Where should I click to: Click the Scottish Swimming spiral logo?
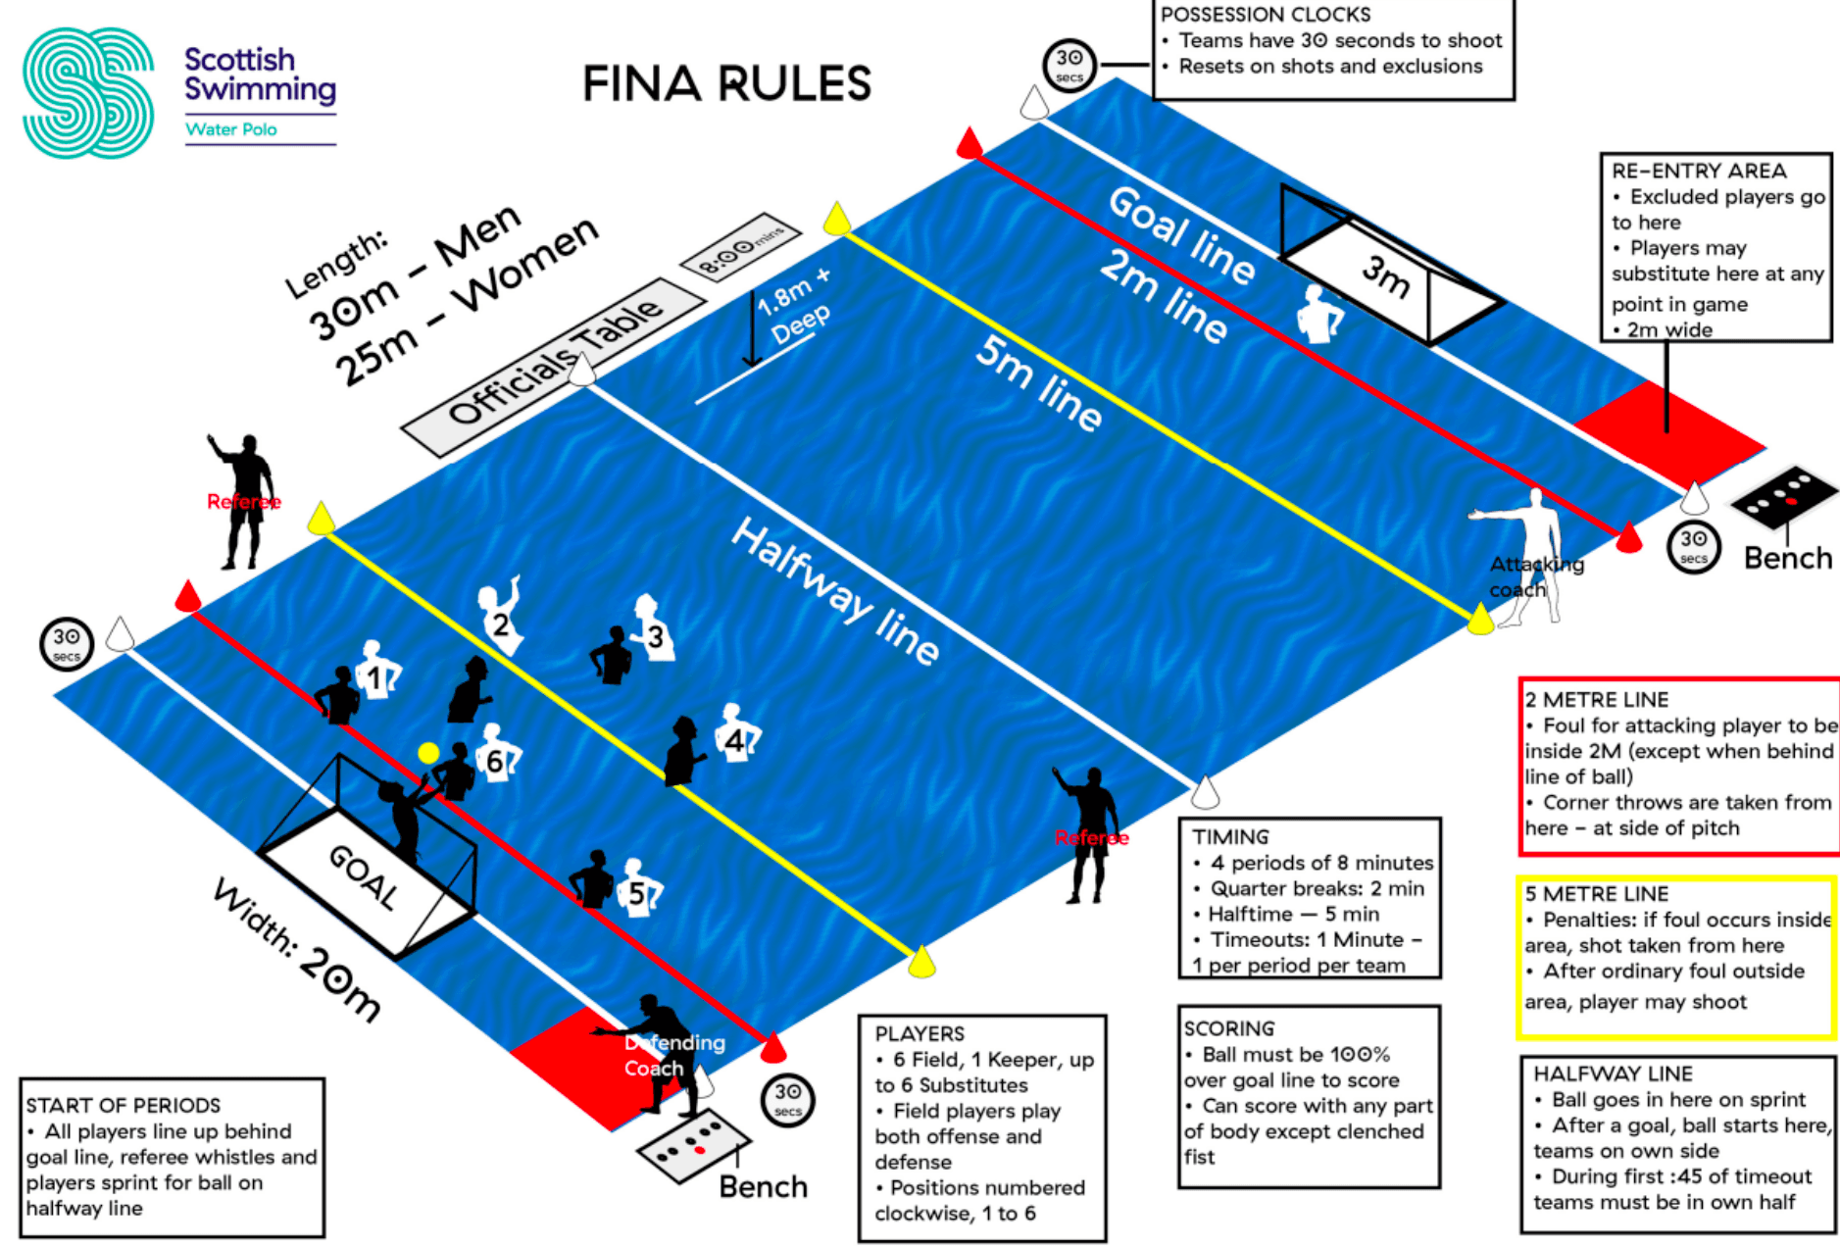[88, 93]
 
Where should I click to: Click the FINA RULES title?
[726, 83]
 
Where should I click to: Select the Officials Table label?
[555, 364]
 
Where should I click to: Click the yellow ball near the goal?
[428, 753]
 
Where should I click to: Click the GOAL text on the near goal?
[364, 875]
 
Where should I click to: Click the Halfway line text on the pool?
[836, 590]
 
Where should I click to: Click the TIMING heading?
[1230, 837]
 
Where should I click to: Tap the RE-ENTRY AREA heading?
[1699, 171]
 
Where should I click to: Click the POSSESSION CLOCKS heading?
[1266, 15]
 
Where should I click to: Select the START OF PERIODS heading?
[124, 1105]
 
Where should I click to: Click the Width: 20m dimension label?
[297, 950]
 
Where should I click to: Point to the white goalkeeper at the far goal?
[1319, 313]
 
